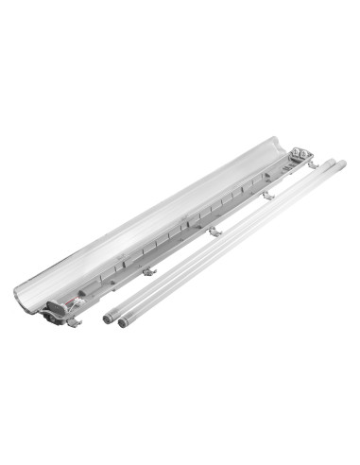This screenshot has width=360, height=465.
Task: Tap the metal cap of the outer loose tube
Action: coord(124,321)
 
